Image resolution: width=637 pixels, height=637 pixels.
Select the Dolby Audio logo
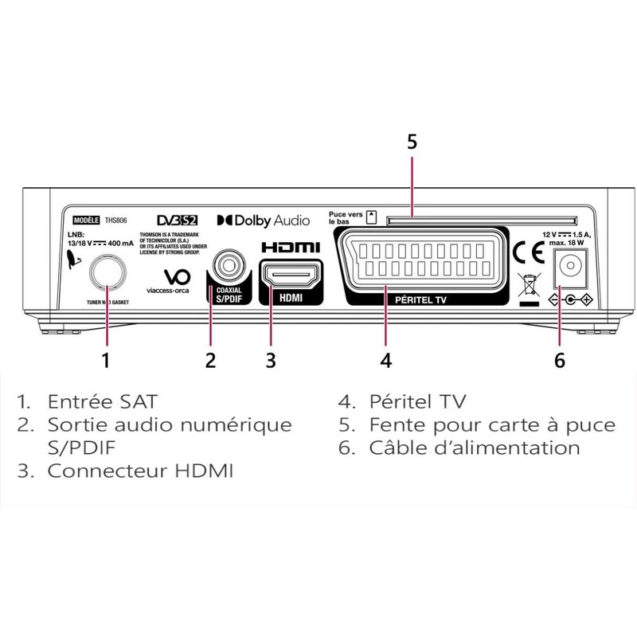259,218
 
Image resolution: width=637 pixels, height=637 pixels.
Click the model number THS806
117,219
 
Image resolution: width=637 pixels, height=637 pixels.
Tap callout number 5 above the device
412,142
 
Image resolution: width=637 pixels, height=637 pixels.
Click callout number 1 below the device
105,360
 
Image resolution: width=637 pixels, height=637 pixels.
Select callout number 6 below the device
559,360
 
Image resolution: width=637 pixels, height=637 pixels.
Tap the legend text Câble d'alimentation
474,447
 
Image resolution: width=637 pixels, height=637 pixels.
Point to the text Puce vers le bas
345,217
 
